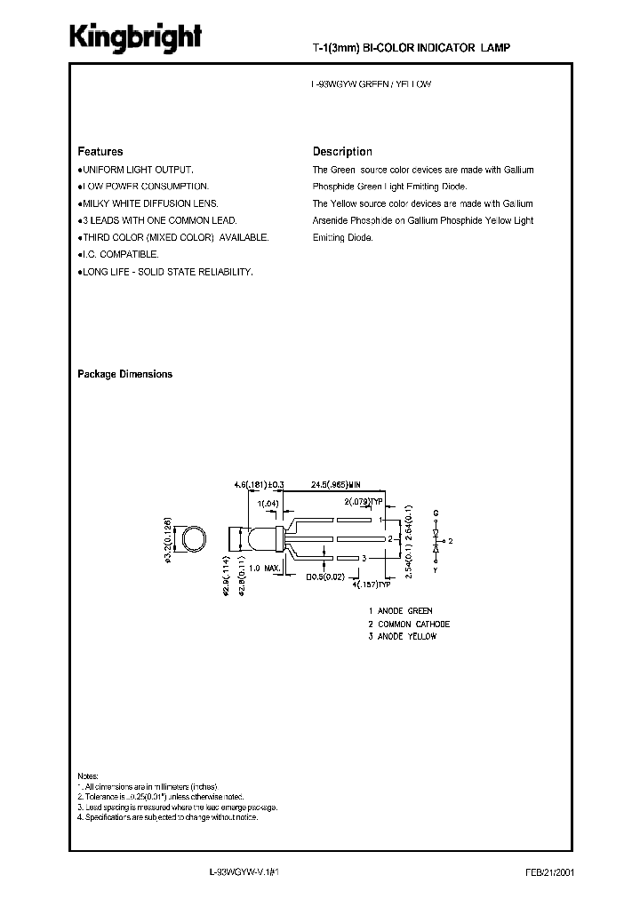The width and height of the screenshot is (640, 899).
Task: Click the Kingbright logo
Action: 137,38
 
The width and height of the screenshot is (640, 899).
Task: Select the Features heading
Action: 100,152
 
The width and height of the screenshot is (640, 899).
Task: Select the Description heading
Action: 342,152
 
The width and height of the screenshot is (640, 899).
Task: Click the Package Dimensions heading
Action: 125,374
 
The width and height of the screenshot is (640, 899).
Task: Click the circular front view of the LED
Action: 192,538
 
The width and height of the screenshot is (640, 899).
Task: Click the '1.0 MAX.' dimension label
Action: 266,568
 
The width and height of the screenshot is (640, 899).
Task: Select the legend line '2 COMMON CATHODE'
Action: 409,624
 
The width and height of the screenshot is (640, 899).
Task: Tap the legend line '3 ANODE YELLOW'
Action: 403,636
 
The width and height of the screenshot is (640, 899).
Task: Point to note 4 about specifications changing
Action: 168,816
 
